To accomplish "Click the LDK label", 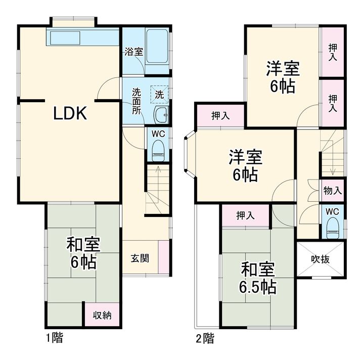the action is pyautogui.click(x=70, y=113).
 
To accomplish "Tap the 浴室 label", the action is pyautogui.click(x=133, y=52).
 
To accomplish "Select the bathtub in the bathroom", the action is pyautogui.click(x=157, y=46).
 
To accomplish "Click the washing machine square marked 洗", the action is pyautogui.click(x=159, y=94).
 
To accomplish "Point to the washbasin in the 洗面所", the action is pyautogui.click(x=161, y=114).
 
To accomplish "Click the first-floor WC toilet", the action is pyautogui.click(x=158, y=150).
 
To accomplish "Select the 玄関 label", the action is pyautogui.click(x=140, y=258).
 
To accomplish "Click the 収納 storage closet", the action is pyautogui.click(x=102, y=314).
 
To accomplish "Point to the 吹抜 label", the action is pyautogui.click(x=320, y=259).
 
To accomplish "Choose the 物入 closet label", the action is pyautogui.click(x=333, y=191).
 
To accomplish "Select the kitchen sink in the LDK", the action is pyautogui.click(x=65, y=37).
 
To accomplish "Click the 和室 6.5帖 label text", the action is pyautogui.click(x=258, y=278).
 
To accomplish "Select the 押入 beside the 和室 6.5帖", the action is pyautogui.click(x=245, y=215).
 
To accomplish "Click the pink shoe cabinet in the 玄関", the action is pyautogui.click(x=164, y=257).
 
